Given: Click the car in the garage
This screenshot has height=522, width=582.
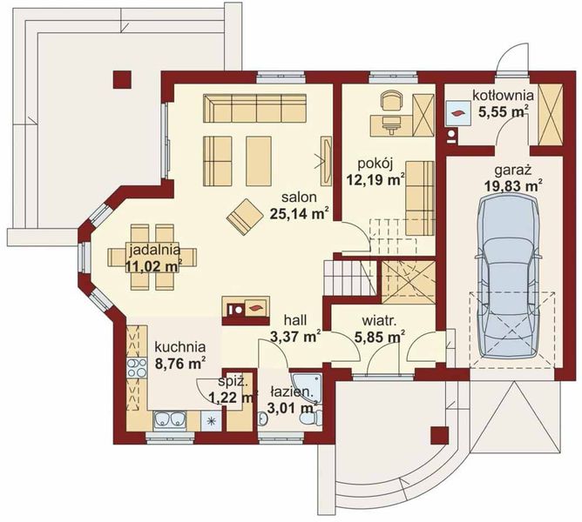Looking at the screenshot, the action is tap(508, 276).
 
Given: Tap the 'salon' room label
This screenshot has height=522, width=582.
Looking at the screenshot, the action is tap(299, 197).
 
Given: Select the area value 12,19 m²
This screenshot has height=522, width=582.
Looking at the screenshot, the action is tap(376, 180).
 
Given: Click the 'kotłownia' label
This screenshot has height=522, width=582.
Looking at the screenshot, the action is tap(503, 96).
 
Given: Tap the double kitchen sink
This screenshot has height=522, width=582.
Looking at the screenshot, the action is tap(170, 419).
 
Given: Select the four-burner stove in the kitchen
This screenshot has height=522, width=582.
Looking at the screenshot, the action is tap(137, 368).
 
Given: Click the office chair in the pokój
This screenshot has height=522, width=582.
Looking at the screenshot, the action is tap(391, 100).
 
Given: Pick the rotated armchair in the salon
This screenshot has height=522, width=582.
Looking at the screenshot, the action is tap(245, 217).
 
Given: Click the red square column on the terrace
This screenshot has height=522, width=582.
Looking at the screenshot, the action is tap(122, 79).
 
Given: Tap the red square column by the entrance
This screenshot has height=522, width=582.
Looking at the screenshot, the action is tap(440, 435).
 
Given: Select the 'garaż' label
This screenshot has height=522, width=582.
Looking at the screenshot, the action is tap(513, 171).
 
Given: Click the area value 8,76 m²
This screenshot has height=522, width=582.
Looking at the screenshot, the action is tap(180, 364).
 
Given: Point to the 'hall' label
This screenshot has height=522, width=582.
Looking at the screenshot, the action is tap(295, 319).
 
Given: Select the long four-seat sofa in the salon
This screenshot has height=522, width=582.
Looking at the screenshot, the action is tap(254, 108).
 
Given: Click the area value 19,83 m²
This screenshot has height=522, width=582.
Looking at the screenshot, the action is tap(514, 185).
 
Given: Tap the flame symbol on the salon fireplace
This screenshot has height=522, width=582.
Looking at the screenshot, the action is tap(255, 307).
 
